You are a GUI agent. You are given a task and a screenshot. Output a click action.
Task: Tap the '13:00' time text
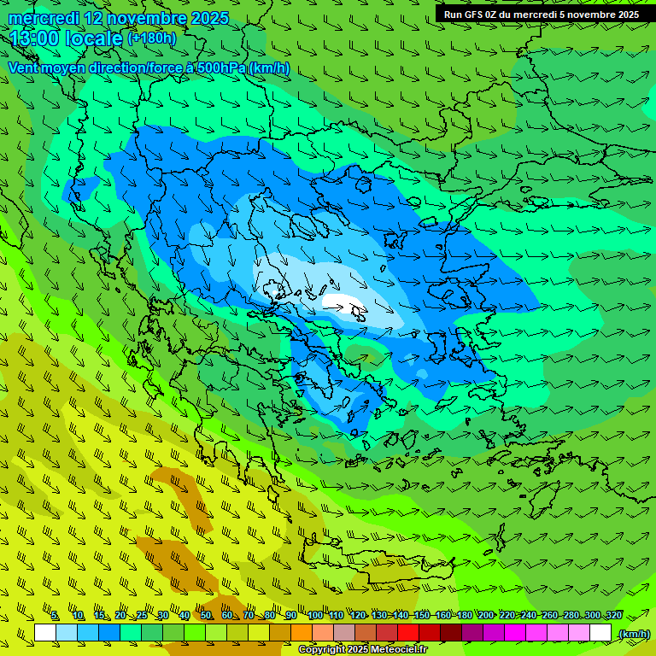[x=36, y=38]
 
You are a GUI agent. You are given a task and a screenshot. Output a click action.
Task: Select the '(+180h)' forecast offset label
[x=151, y=38]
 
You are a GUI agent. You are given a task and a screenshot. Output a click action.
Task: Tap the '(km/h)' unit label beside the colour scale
[x=633, y=634]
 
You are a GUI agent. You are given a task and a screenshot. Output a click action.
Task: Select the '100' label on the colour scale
[x=314, y=616]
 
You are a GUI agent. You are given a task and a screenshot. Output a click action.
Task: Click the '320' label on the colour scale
[x=613, y=616]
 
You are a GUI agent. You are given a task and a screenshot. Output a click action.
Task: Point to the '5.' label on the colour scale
[x=55, y=616]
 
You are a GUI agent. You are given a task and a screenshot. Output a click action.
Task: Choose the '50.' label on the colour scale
[x=206, y=616]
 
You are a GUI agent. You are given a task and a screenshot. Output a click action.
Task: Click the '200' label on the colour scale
[x=485, y=616]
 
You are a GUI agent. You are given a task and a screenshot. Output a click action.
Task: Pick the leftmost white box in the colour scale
[x=45, y=633]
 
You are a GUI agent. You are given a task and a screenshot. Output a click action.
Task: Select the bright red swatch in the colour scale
[x=407, y=633]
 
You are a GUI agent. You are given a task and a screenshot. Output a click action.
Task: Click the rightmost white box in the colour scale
[x=600, y=633]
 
